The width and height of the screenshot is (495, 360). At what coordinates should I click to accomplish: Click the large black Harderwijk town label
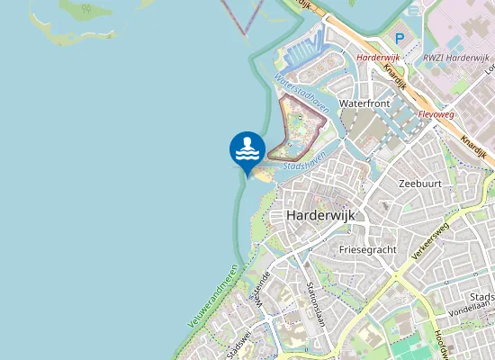point(320,216)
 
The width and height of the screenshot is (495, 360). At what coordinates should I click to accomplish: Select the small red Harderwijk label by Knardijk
point(377,57)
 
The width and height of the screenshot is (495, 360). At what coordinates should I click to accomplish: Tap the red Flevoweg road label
point(438,115)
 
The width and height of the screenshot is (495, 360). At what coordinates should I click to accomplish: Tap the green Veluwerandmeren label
point(213,295)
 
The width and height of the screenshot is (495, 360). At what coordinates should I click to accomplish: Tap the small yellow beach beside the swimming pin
point(264,175)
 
